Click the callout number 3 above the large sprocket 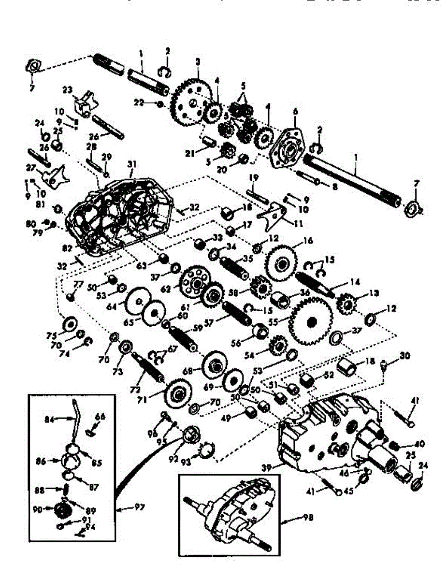197,62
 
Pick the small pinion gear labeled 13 346,303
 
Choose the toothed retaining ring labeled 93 206,451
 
